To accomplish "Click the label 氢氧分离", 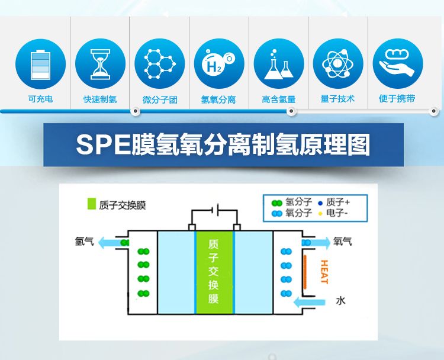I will pyautogui.click(x=219, y=99).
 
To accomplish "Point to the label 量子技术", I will pyautogui.click(x=338, y=99).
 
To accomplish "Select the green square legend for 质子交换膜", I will pyautogui.click(x=91, y=204).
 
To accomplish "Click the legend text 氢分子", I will pyautogui.click(x=298, y=202).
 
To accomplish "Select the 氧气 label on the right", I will pyautogui.click(x=342, y=241).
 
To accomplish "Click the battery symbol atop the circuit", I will pyautogui.click(x=217, y=210).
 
